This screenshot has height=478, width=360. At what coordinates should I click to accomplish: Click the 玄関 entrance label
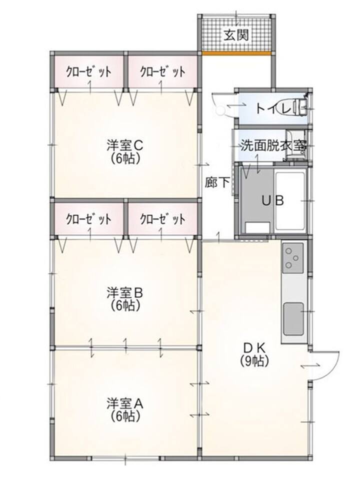(236, 36)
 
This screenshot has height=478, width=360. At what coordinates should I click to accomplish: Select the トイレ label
(274, 108)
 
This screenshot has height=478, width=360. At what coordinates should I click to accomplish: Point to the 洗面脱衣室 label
(273, 146)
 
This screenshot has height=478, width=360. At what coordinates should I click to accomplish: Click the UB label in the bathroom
(272, 200)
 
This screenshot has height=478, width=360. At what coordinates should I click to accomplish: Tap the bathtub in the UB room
(290, 201)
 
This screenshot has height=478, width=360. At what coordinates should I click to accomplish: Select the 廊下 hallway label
(217, 182)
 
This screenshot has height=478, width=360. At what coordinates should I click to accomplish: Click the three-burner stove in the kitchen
(292, 258)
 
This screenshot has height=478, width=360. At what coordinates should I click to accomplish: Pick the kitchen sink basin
(293, 318)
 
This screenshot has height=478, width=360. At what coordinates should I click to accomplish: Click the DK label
(254, 347)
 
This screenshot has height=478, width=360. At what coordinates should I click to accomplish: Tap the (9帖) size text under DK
(254, 361)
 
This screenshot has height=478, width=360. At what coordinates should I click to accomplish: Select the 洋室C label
(125, 145)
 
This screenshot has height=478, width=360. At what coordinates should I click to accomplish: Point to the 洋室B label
(125, 293)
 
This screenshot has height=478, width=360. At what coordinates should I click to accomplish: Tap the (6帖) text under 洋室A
(125, 416)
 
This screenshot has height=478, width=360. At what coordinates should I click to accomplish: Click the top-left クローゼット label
(88, 72)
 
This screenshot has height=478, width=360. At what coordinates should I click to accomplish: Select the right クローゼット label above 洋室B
(162, 219)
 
